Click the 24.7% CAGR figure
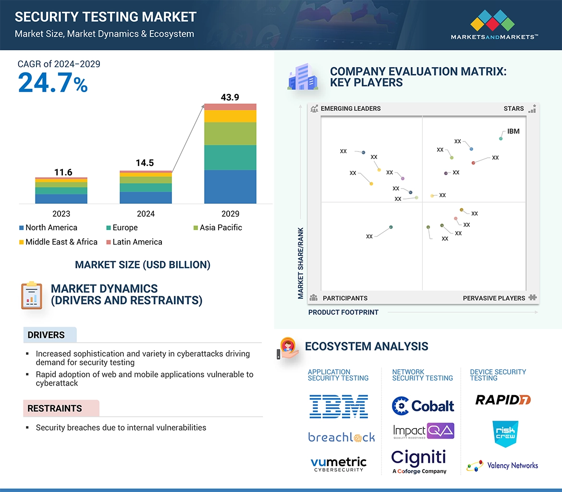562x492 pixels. [53, 82]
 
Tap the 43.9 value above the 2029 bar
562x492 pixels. [230, 97]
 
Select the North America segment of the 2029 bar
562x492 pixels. [230, 187]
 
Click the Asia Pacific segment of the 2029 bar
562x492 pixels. [230, 134]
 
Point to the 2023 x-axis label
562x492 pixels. [61, 214]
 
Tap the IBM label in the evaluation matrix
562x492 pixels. [513, 131]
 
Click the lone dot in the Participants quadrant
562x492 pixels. [391, 227]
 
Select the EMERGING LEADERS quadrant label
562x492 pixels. [350, 109]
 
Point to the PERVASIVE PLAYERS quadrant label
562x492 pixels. [494, 298]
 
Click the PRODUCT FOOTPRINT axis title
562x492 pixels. [343, 313]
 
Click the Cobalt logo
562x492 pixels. [423, 406]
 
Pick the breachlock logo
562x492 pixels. [342, 437]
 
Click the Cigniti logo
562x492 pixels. [419, 461]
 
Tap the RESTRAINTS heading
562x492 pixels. [55, 409]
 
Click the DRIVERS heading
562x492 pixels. [46, 335]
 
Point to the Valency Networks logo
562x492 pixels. [502, 466]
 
